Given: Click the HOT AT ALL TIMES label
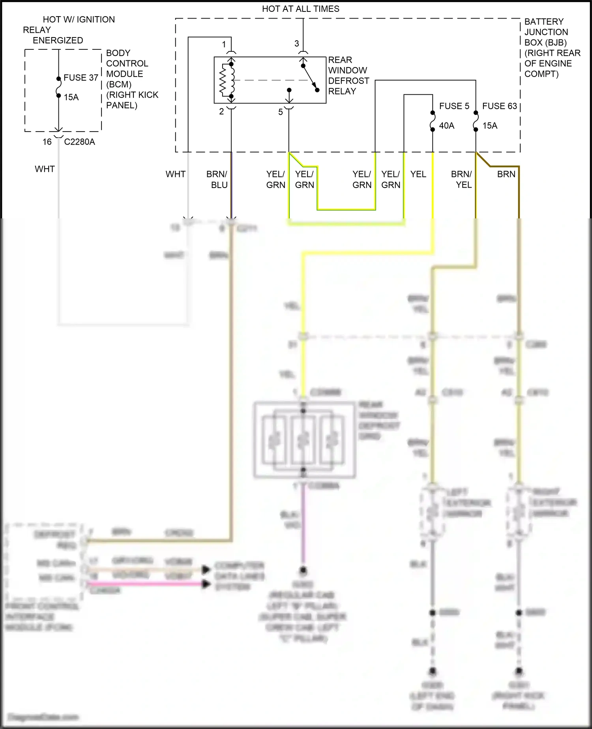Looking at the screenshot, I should (300, 9).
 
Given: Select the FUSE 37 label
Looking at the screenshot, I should (81, 78).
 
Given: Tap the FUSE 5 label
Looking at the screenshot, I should (454, 106).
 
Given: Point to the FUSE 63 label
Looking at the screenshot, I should (499, 106).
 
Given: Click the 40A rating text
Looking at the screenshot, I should (446, 126).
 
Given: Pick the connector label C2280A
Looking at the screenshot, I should (79, 142).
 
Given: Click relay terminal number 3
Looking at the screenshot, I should (297, 44).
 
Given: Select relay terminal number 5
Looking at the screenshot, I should (281, 112).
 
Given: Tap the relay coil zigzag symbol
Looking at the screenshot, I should (223, 81).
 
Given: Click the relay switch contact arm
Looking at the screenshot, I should (310, 77).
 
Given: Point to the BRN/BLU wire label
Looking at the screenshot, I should (217, 179).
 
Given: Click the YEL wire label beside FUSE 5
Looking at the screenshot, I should (418, 174).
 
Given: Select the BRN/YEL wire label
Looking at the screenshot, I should (462, 179).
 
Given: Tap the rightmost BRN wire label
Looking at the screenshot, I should (506, 174).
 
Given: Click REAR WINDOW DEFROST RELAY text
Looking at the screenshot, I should (348, 75).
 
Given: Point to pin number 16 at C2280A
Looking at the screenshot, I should (47, 142).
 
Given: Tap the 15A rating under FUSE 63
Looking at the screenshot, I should (490, 126).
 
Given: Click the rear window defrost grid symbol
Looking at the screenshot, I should (304, 440).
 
